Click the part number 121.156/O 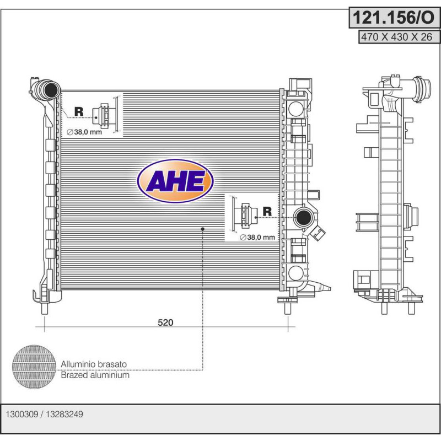(x=394, y=18)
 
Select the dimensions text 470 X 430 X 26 (x=396, y=37)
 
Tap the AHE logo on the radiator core (x=175, y=181)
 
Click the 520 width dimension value (x=165, y=322)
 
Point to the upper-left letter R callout (x=79, y=112)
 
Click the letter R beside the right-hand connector (x=267, y=212)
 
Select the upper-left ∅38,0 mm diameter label (x=84, y=132)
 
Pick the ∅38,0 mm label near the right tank (x=257, y=238)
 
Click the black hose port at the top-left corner (x=51, y=90)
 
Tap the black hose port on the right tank (x=304, y=217)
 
